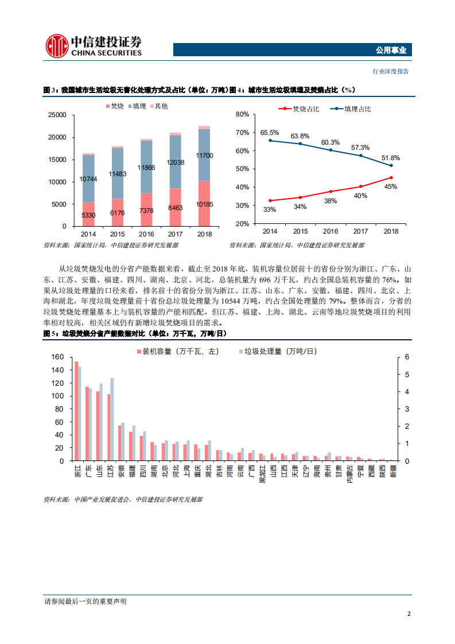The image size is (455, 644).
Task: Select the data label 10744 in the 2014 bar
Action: coord(88,179)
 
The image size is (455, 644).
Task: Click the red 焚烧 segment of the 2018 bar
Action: coord(204,203)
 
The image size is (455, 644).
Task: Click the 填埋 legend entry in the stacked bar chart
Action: coord(137,106)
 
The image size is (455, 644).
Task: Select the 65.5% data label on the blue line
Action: coord(269,133)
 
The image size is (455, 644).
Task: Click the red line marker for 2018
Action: coord(391,177)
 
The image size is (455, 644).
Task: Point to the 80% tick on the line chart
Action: coord(242,115)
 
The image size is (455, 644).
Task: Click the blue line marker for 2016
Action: coord(330,150)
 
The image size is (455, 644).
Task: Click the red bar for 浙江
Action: coord(76,411)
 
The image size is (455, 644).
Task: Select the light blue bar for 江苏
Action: coord(112,419)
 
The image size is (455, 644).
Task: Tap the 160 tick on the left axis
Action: coord(57,357)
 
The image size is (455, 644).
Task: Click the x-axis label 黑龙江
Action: coord(262,474)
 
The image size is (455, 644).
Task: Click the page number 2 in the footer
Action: coord(409,614)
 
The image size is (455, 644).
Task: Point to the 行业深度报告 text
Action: coord(391,71)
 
